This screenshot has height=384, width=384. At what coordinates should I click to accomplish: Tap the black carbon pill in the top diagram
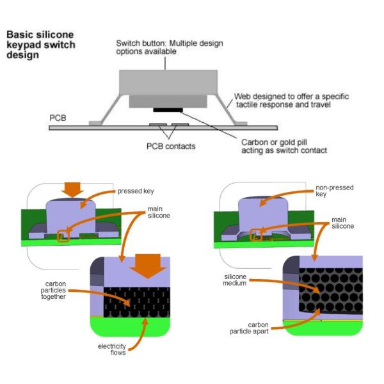coord(167,109)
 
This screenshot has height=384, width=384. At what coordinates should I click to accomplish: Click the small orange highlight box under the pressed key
coord(63,236)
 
